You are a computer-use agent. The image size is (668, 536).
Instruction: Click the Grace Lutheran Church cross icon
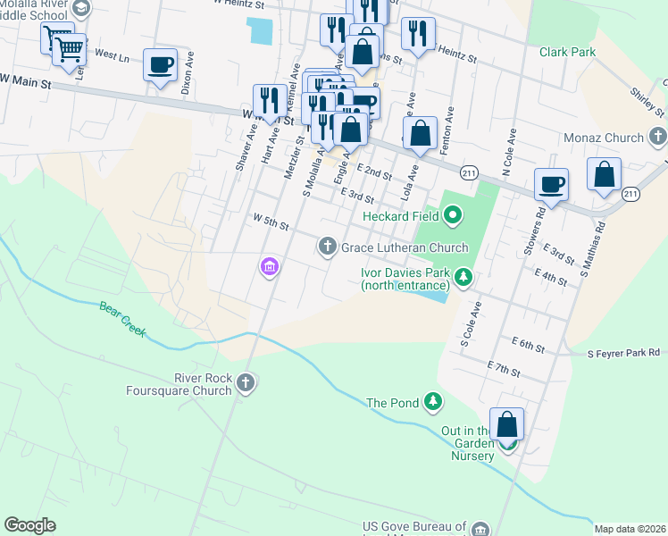click(328, 246)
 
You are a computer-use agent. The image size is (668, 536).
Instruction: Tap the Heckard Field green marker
click(453, 214)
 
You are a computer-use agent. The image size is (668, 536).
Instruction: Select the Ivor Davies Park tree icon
click(463, 279)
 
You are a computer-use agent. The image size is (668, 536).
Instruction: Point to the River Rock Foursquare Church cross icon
click(246, 384)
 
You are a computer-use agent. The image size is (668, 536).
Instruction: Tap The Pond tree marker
click(433, 402)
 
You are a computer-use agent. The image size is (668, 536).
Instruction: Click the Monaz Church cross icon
click(658, 138)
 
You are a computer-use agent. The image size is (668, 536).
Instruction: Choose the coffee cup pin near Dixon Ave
click(160, 65)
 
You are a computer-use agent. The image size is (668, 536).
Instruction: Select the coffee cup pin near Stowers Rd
click(551, 185)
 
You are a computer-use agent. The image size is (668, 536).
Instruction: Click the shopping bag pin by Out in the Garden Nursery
click(507, 426)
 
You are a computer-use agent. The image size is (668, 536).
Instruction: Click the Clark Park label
click(567, 53)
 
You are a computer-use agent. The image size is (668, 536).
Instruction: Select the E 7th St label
click(504, 367)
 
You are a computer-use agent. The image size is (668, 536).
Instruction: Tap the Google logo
click(29, 525)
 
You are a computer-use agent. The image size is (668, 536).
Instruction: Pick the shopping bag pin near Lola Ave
click(420, 134)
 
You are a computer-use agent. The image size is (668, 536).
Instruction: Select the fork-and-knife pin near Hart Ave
click(270, 101)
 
